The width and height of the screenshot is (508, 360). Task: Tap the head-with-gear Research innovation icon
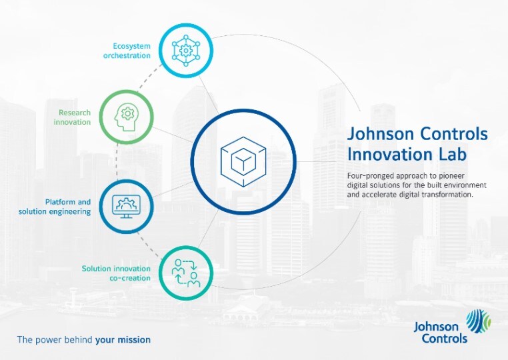tap(126, 117)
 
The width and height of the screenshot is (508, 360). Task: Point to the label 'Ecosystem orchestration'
tap(127, 51)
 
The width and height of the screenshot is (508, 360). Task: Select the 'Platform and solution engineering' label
tap(55, 206)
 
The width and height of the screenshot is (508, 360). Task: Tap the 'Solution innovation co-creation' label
tap(116, 273)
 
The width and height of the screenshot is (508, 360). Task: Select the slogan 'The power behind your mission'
tap(84, 339)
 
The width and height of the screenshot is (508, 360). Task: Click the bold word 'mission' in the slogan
tap(135, 339)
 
